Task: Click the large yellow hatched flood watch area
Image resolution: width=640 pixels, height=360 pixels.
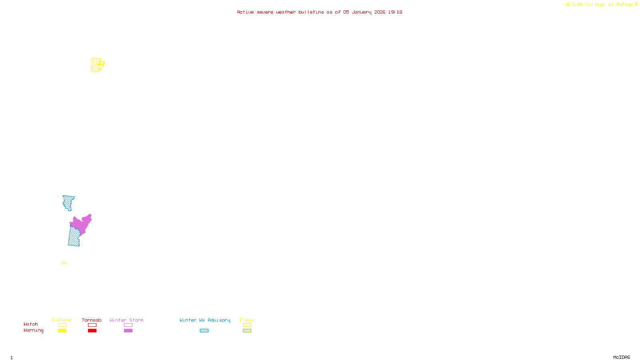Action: [96, 65]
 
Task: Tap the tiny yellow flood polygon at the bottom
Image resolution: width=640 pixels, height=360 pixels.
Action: [64, 263]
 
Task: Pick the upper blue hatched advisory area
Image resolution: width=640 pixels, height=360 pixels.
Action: [68, 202]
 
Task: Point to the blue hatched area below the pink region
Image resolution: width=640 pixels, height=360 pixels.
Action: [74, 237]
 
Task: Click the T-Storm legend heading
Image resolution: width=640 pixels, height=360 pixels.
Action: [62, 320]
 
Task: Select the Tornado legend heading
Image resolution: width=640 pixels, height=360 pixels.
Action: [92, 320]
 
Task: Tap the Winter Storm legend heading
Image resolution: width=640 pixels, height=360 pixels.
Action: [126, 320]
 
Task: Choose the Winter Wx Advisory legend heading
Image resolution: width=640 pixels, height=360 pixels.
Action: [205, 320]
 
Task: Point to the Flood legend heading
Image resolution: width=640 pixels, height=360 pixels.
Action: [247, 320]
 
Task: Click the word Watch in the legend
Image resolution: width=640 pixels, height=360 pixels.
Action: [31, 324]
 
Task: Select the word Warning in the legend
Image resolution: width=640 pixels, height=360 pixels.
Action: [34, 330]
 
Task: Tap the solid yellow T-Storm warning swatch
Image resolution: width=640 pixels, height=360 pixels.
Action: [62, 331]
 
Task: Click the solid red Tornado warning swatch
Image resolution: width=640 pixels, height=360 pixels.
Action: [92, 331]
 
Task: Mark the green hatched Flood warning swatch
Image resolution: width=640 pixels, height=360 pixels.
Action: [247, 331]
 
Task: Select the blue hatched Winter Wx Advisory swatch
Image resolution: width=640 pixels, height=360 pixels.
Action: [204, 331]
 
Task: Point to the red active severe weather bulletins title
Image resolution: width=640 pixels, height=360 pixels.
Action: [319, 12]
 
